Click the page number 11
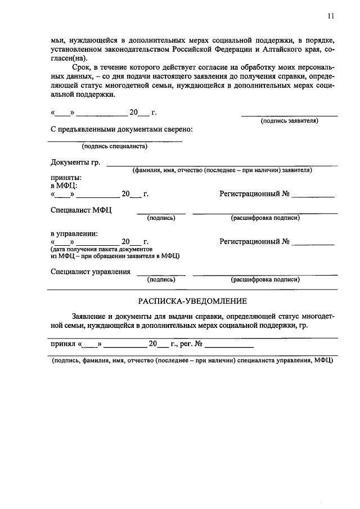(x=330, y=16)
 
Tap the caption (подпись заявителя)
(x=289, y=121)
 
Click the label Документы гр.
(x=75, y=163)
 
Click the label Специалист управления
(x=90, y=272)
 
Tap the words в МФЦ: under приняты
(x=64, y=185)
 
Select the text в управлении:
(x=74, y=233)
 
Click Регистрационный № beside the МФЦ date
(x=254, y=194)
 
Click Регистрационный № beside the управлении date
(x=254, y=242)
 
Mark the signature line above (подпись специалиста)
(x=115, y=141)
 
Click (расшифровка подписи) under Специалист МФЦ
(x=265, y=218)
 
